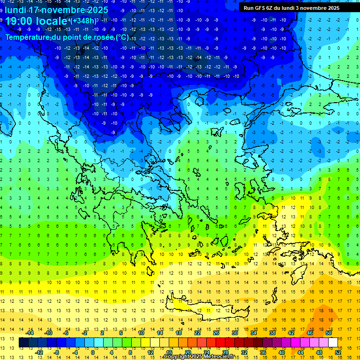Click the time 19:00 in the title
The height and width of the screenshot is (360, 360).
(19, 21)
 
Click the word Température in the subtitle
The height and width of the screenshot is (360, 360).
(28, 37)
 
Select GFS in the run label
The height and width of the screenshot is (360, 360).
(260, 8)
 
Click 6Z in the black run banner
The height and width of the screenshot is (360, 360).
(271, 8)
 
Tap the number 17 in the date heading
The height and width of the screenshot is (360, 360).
(33, 9)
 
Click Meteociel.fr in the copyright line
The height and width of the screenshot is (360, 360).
(221, 357)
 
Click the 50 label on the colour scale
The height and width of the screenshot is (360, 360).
(328, 333)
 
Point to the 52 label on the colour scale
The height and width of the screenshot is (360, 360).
(338, 352)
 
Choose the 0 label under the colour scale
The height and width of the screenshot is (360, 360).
(93, 352)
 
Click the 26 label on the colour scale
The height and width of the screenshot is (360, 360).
(216, 333)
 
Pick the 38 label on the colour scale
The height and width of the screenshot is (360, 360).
(272, 333)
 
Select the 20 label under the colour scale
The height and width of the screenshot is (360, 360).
(187, 352)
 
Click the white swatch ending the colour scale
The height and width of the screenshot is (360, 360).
(333, 343)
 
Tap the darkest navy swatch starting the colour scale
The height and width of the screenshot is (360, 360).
(23, 343)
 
